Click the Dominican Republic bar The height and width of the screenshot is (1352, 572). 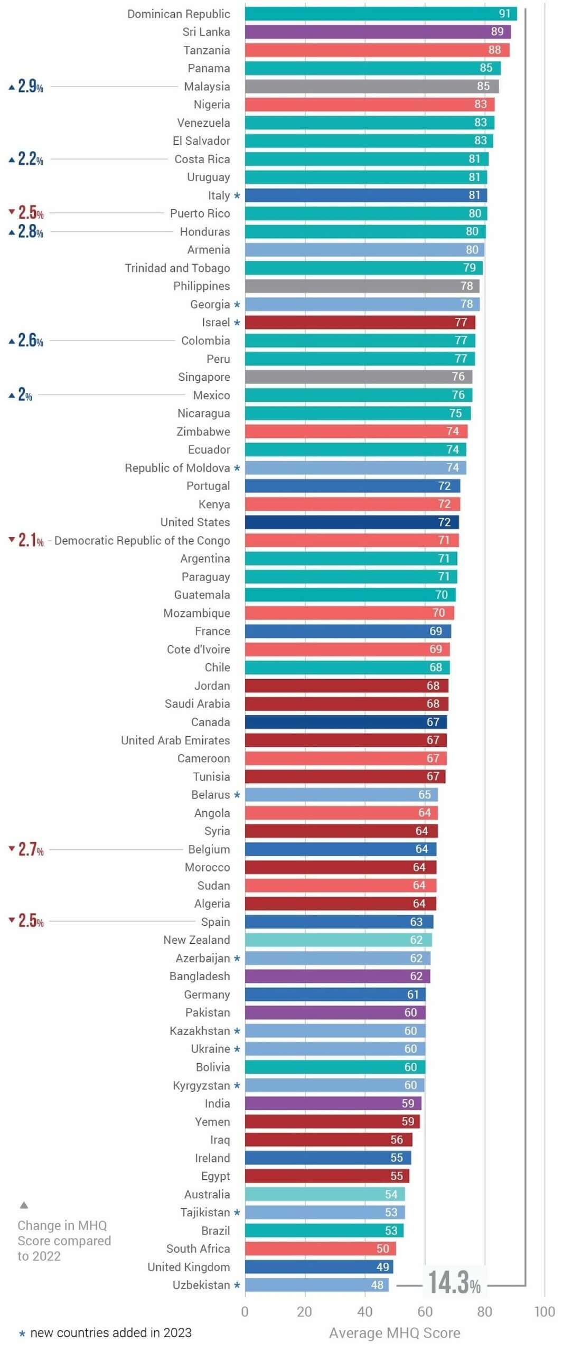click(x=380, y=14)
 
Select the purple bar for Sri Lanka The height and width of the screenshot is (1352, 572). click(x=378, y=32)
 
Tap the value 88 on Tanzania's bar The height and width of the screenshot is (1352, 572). click(x=494, y=50)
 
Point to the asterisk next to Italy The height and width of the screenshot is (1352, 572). click(x=237, y=196)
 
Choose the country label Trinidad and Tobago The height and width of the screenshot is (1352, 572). click(x=177, y=268)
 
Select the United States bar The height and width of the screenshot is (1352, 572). click(x=351, y=522)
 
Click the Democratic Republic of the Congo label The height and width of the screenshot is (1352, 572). click(x=142, y=541)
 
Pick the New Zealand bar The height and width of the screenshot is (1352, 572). click(x=338, y=940)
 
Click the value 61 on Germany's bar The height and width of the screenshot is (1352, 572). click(x=412, y=994)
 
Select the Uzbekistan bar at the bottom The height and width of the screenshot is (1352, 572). click(x=316, y=1285)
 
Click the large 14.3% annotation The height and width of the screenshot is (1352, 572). click(x=454, y=1283)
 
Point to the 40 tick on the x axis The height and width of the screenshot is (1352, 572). click(x=364, y=1312)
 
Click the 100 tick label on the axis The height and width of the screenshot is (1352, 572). click(x=544, y=1312)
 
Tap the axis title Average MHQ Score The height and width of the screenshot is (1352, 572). click(x=395, y=1334)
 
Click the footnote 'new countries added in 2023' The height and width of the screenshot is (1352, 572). click(x=110, y=1333)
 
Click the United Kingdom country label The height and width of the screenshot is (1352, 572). click(x=189, y=1267)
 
